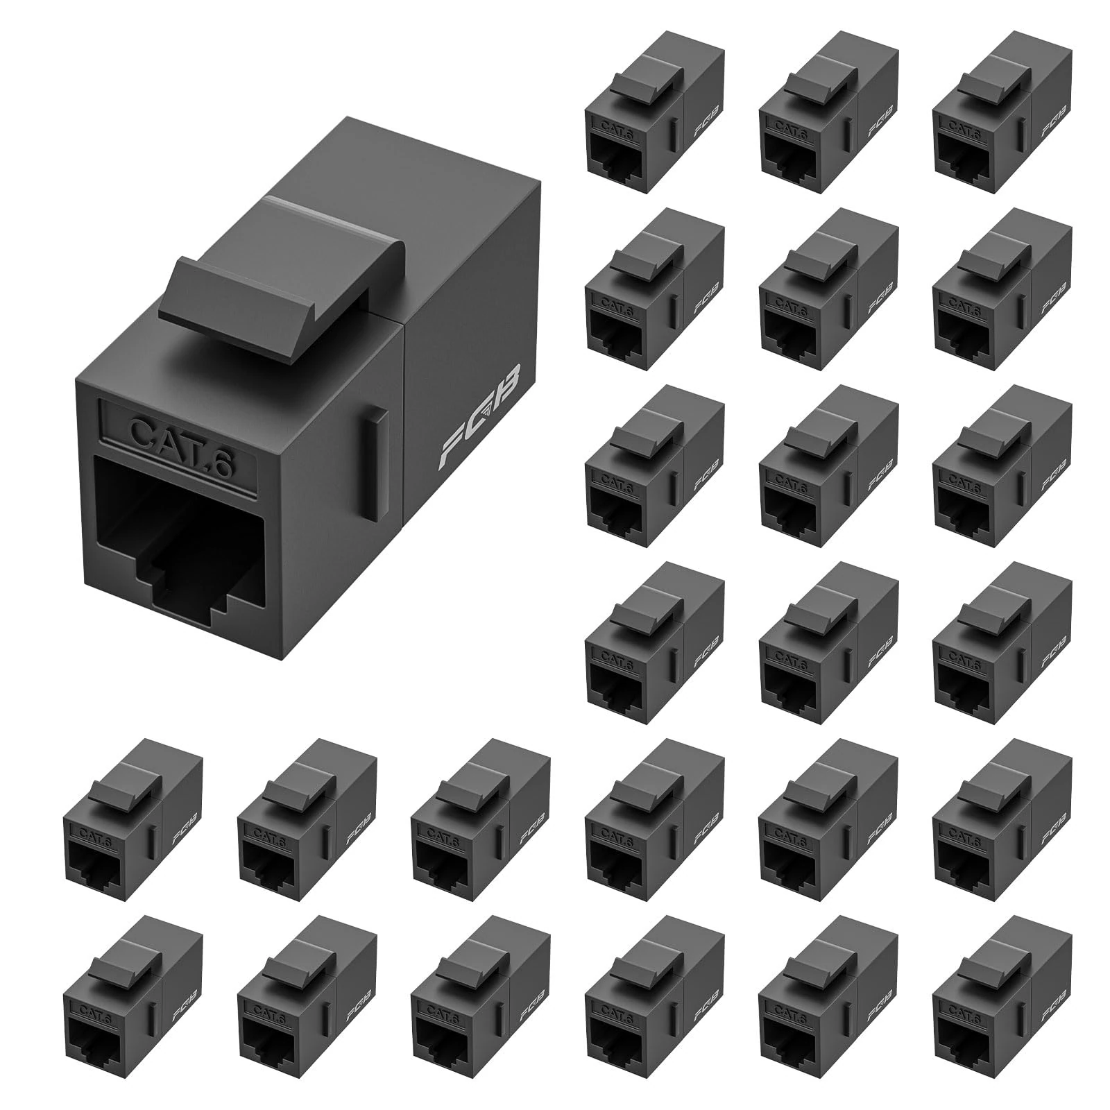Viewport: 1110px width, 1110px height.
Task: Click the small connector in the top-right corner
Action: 1002,114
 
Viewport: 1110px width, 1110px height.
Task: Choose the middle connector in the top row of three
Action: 828,114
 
